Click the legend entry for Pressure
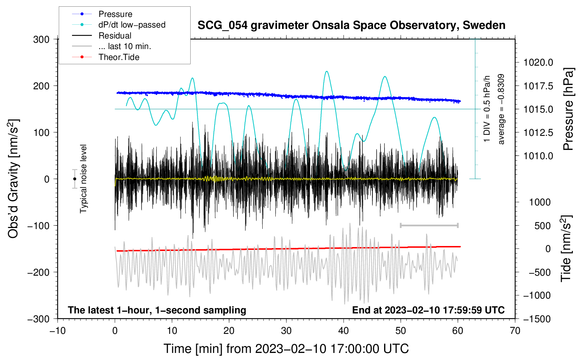click(102, 14)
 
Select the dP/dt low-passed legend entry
click(119, 25)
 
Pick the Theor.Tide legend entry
click(106, 57)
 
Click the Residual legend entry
click(102, 36)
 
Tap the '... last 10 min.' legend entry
click(112, 46)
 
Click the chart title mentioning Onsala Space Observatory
click(351, 25)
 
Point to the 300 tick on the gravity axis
click(41, 40)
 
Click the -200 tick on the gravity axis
click(39, 272)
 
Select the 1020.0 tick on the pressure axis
click(538, 62)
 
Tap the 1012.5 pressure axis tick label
click(538, 133)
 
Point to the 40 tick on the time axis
click(343, 331)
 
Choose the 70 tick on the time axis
click(515, 331)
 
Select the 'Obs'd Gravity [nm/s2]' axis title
click(13, 179)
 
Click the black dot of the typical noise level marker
click(74, 179)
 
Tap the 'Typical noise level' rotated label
click(83, 179)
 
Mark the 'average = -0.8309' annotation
click(501, 109)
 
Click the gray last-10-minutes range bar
click(429, 225)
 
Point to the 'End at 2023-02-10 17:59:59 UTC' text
click(428, 310)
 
